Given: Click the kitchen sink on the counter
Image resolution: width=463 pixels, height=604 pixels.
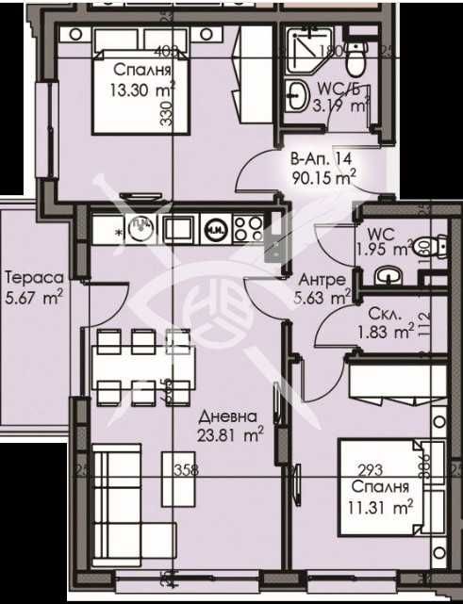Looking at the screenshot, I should pos(139,227).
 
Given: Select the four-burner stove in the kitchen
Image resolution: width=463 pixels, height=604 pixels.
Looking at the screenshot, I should pos(248,228).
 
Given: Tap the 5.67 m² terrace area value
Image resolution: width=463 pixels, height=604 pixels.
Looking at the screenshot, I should pos(33,296).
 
